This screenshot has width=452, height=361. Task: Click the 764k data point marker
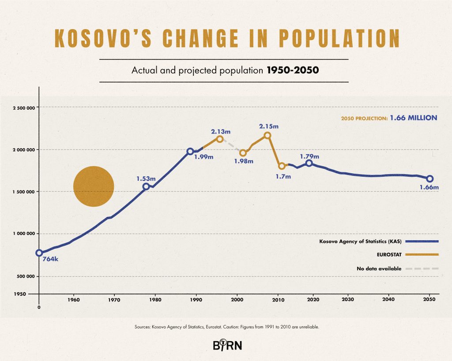(x=39, y=253)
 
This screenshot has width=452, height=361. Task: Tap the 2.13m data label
(x=221, y=131)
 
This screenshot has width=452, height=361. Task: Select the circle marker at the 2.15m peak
(x=267, y=135)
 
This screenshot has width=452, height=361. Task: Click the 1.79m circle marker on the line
(x=309, y=163)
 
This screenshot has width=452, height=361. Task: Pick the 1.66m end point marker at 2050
(x=430, y=179)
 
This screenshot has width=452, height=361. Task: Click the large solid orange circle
(x=94, y=186)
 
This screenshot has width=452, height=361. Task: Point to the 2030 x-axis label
(x=348, y=300)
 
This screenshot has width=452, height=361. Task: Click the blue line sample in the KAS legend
(x=422, y=241)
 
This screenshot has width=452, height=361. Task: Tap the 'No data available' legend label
(x=379, y=268)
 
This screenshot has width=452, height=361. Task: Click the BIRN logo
(x=227, y=345)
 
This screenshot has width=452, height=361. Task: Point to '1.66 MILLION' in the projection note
(x=414, y=118)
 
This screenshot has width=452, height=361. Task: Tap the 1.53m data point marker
(x=146, y=186)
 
